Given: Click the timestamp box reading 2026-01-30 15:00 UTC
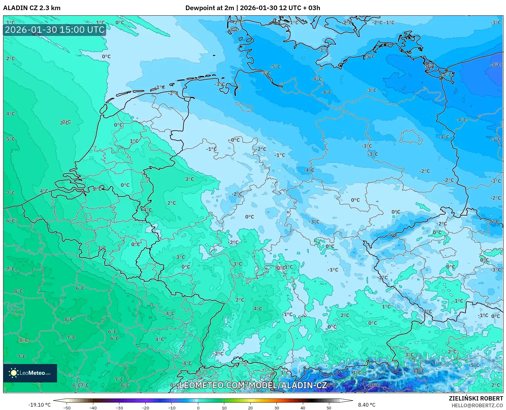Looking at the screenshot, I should (55, 30).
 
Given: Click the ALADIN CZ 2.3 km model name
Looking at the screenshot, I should (32, 8).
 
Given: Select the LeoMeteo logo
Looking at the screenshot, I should (30, 373).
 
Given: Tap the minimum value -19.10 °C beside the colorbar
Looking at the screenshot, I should (39, 405).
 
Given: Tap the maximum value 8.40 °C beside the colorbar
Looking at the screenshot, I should (366, 405).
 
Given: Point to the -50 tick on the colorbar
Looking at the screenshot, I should (67, 408).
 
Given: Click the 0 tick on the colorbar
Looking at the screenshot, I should (198, 408).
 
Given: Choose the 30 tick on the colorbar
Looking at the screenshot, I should (277, 408).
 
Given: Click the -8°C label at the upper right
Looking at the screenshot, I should (495, 65).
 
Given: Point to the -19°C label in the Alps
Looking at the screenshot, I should (373, 385).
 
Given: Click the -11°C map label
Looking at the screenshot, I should (418, 371).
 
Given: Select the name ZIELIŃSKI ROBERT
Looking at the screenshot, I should (476, 398).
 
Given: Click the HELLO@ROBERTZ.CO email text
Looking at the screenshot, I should (477, 405).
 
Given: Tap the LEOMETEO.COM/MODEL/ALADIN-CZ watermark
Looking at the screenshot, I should (253, 385).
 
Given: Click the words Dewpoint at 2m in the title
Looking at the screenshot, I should (210, 8).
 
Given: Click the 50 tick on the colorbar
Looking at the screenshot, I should (329, 408).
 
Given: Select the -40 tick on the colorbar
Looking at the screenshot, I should (93, 408).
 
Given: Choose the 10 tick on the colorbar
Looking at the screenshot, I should (224, 408).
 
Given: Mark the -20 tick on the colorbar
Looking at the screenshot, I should (145, 408).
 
